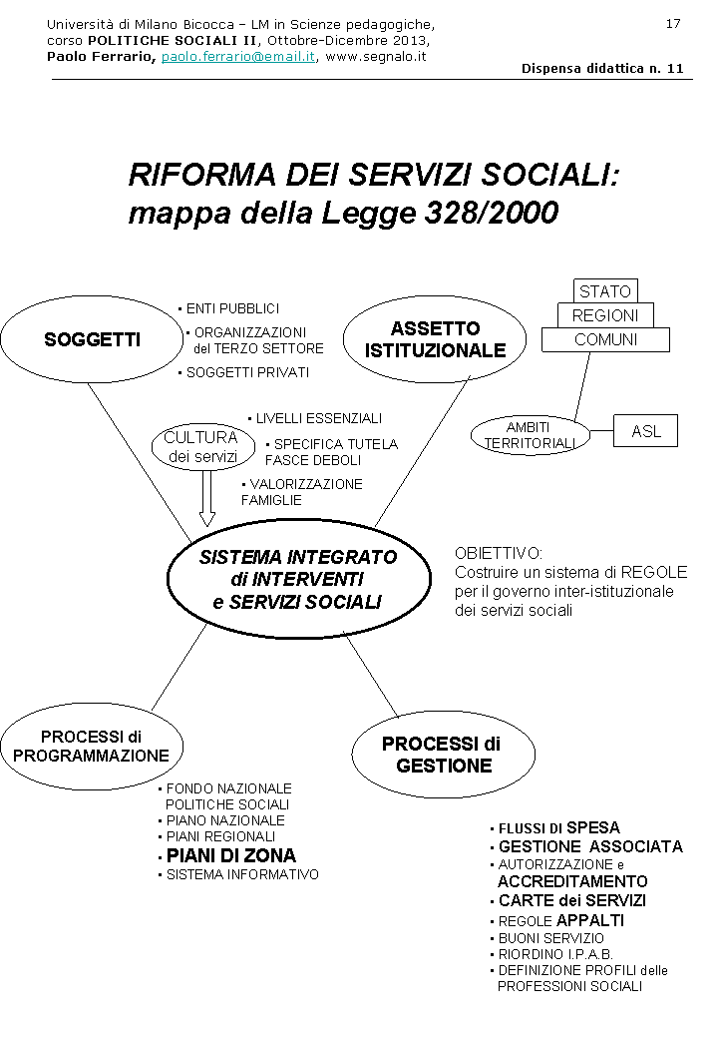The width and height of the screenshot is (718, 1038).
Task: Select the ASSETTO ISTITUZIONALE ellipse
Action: pyautogui.click(x=435, y=339)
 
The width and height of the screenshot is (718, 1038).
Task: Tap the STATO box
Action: pyautogui.click(x=605, y=291)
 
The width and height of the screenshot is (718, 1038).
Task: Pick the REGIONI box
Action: pyautogui.click(x=605, y=315)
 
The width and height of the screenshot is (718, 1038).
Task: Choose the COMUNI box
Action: pyautogui.click(x=605, y=340)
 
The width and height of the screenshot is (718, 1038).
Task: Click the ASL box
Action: pyautogui.click(x=646, y=431)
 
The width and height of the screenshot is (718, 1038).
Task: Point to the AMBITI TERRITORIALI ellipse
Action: pyautogui.click(x=529, y=435)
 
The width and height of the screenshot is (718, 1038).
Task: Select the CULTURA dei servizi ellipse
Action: pyautogui.click(x=200, y=447)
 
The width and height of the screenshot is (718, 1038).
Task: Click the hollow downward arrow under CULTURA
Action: pyautogui.click(x=207, y=497)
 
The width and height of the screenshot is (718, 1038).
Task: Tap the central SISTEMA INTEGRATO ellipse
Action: pyautogui.click(x=298, y=579)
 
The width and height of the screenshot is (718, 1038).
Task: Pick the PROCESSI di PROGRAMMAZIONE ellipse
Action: pyautogui.click(x=91, y=747)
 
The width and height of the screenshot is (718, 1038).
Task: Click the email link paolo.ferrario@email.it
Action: pyautogui.click(x=238, y=57)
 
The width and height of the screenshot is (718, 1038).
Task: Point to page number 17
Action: pyautogui.click(x=673, y=23)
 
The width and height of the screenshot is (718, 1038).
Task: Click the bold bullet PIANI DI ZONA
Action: pyautogui.click(x=230, y=856)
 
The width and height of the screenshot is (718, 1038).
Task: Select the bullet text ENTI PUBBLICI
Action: pyautogui.click(x=232, y=308)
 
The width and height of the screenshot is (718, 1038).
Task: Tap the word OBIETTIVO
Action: pyautogui.click(x=499, y=552)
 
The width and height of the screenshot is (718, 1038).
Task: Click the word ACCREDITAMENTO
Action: pyautogui.click(x=572, y=882)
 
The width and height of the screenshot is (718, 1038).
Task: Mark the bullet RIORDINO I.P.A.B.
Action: pyautogui.click(x=555, y=954)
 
